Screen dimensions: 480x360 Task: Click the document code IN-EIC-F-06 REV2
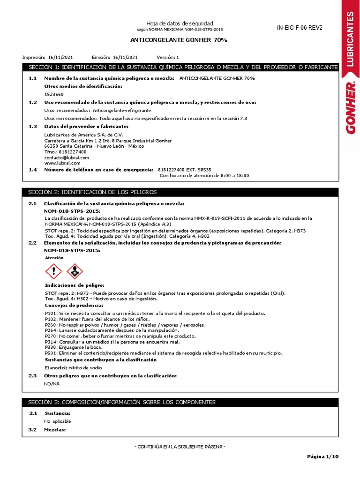(300, 28)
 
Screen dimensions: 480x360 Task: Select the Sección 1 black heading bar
(180, 67)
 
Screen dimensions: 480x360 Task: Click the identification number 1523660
(53, 94)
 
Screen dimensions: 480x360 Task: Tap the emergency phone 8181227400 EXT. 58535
(185, 169)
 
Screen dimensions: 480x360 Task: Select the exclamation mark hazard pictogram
(54, 271)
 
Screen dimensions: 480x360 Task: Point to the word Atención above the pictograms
(54, 258)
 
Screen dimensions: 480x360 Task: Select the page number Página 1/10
(322, 456)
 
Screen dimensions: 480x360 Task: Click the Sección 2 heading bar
(180, 192)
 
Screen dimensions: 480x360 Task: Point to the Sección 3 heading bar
(180, 402)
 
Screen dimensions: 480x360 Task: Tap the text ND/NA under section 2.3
(52, 383)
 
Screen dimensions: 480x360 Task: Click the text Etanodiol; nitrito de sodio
(73, 367)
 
